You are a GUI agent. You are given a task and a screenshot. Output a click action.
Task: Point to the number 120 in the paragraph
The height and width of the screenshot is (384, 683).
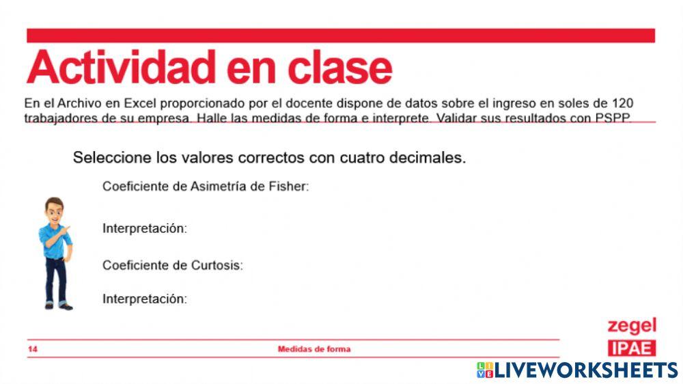click(x=622, y=103)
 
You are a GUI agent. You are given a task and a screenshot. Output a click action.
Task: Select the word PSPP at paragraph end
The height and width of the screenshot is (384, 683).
click(x=613, y=117)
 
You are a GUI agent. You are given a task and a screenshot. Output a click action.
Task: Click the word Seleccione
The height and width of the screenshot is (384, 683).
click(x=112, y=157)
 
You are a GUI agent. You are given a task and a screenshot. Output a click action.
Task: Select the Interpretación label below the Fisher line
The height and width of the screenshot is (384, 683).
click(x=144, y=228)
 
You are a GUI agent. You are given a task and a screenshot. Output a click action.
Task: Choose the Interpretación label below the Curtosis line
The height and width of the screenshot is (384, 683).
click(x=144, y=299)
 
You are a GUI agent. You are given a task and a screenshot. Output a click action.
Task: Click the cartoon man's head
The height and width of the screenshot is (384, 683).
click(x=54, y=210)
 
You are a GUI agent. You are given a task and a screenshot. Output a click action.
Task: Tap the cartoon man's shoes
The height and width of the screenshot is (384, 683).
click(x=58, y=306)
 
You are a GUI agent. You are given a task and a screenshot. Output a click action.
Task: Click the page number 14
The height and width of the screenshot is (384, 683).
click(x=33, y=349)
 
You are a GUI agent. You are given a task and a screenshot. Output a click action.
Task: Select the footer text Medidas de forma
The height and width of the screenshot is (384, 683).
click(x=313, y=349)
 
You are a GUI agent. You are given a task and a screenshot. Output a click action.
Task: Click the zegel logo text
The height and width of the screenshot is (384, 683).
click(x=632, y=325)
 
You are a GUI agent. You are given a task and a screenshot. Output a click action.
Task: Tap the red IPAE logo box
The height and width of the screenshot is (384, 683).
click(x=632, y=348)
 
